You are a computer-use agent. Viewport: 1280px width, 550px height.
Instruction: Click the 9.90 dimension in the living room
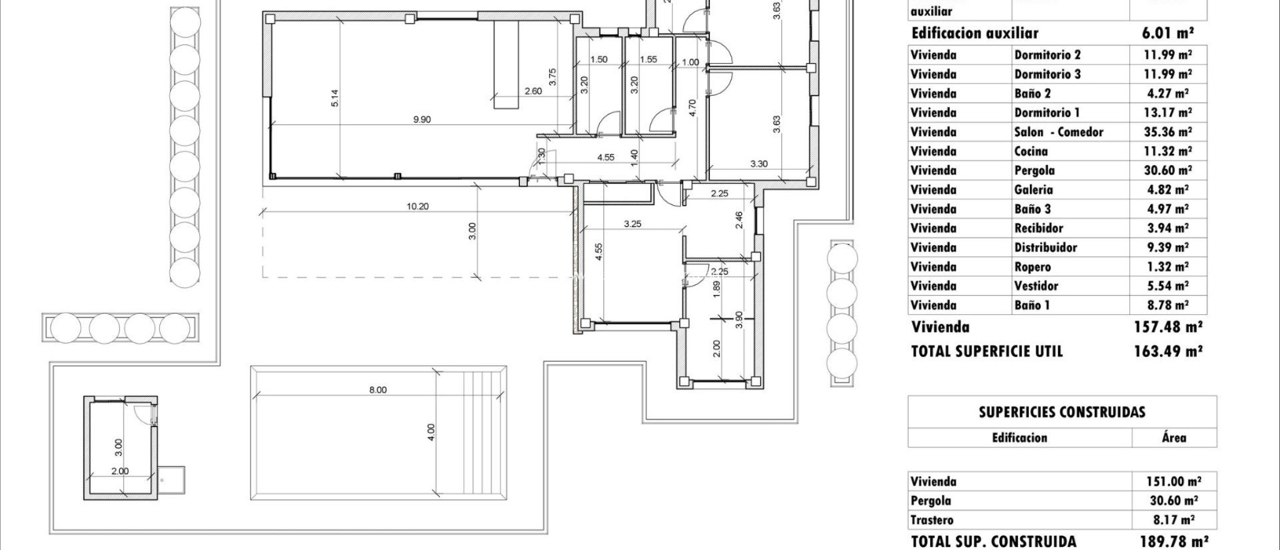422,119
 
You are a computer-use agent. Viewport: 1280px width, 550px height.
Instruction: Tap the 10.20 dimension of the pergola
417,206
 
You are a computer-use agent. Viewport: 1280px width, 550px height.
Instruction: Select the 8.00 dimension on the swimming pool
377,389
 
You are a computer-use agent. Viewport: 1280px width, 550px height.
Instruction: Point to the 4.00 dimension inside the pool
430,432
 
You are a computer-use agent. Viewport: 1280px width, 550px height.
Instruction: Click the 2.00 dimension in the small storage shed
119,471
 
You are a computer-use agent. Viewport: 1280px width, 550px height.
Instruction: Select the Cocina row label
1031,151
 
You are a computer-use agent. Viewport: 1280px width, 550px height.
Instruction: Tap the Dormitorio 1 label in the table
1047,112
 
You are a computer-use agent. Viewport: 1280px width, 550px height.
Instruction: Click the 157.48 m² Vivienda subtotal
1167,327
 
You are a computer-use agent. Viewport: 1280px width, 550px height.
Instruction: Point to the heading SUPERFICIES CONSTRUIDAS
1062,412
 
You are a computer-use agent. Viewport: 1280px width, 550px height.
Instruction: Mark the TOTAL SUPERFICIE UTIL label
987,351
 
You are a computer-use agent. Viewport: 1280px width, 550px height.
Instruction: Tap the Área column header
1174,437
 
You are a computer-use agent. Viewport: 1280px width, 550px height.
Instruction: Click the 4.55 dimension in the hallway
605,157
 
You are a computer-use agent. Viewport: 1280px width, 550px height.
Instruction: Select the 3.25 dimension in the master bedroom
632,223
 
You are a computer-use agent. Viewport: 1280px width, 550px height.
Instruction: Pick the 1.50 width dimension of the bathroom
599,59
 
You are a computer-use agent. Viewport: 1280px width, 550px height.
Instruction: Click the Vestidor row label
1036,286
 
